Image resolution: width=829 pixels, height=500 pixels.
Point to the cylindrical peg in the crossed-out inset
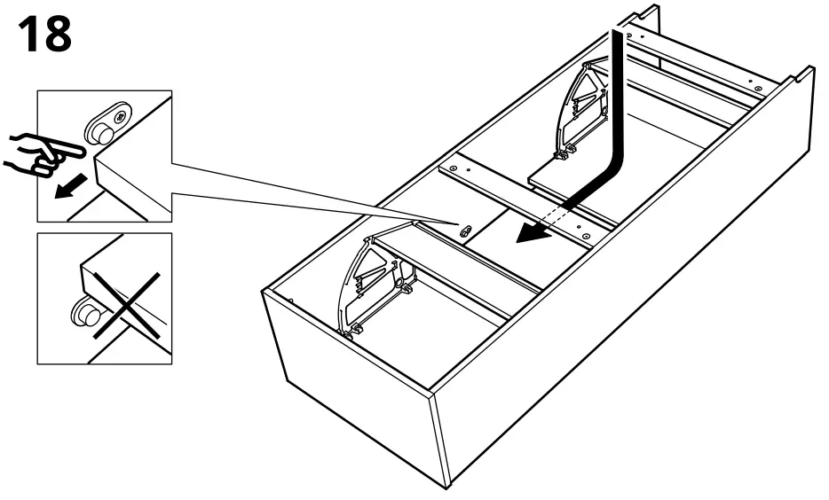click(x=87, y=314)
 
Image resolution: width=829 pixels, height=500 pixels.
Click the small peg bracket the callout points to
click(x=462, y=229)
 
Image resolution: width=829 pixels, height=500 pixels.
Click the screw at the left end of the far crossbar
click(x=629, y=36)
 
